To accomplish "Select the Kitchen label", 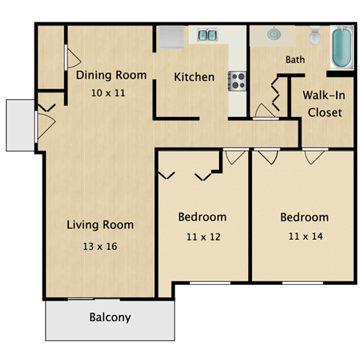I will point(194,76).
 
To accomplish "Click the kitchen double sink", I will point(207,34).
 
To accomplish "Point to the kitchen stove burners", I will point(238,80).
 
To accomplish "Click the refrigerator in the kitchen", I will point(172,36).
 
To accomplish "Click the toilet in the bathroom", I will point(316,34).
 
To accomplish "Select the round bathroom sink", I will point(271,34).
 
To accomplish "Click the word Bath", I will point(294,59).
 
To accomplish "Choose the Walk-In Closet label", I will point(322,104).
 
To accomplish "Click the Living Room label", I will point(100,224).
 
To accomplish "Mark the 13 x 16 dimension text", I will point(100,245).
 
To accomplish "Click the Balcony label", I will point(110,317).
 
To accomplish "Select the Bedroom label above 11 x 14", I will point(304,217).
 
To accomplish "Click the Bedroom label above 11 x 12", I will point(202,217).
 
